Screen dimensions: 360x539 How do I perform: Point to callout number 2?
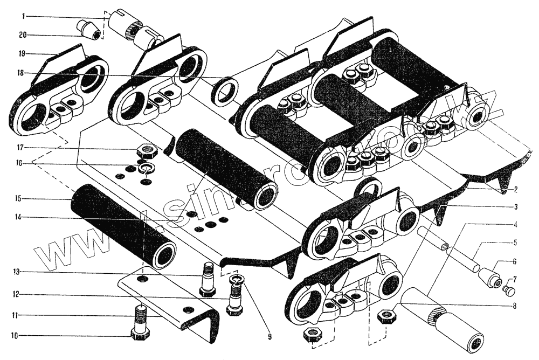[516, 189]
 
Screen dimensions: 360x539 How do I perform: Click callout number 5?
[516, 243]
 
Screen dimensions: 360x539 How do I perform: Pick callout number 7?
[516, 279]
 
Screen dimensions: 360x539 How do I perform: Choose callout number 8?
[516, 305]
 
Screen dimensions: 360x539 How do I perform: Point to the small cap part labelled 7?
[507, 292]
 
